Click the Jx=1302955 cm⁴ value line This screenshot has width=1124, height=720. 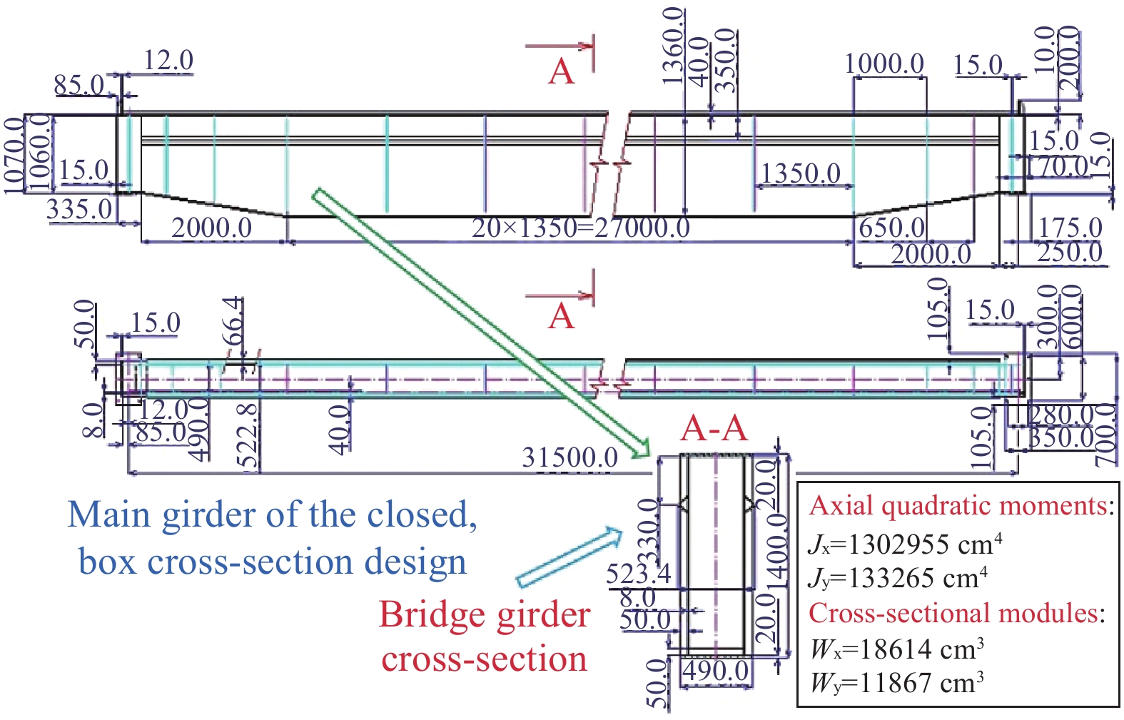coord(905,545)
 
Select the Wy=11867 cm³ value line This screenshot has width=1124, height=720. coord(897,684)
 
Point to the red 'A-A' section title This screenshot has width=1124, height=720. coord(714,429)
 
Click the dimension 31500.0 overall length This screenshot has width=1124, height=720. coord(569,457)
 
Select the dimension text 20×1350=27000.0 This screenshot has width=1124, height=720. coord(580,228)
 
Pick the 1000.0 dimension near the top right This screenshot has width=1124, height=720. coord(885,64)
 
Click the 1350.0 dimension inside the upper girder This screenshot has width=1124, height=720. coord(801,173)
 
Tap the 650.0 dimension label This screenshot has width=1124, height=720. coord(892,228)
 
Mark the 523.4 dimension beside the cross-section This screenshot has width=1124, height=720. coord(638,574)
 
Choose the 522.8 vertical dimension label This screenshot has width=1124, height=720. coord(247,435)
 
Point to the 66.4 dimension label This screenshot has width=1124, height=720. coord(235,322)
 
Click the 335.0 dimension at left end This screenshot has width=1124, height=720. coord(79,210)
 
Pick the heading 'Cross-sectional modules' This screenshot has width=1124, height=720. coord(955,614)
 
